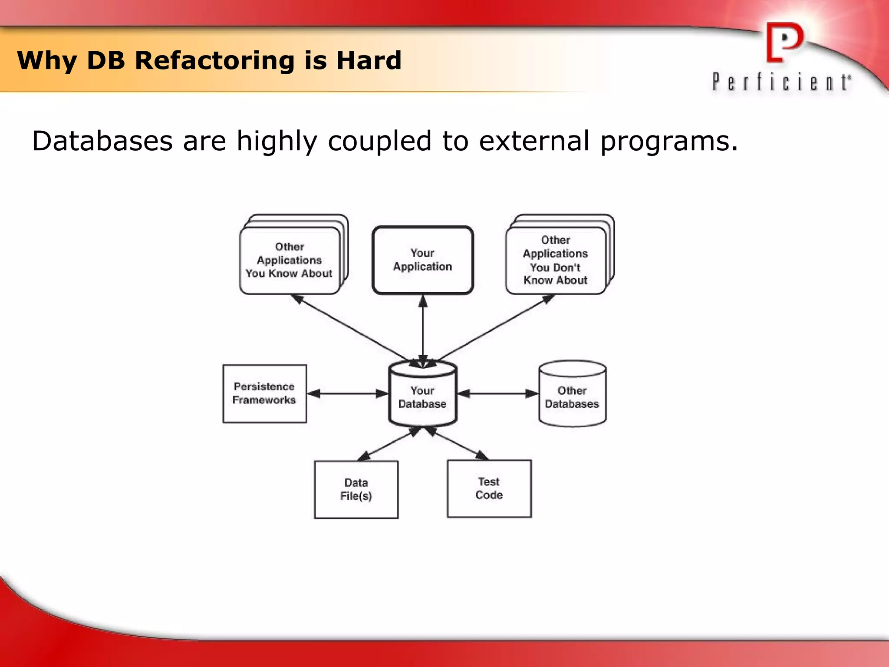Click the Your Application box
pyautogui.click(x=422, y=260)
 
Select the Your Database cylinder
pyautogui.click(x=422, y=396)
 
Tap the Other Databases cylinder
pyautogui.click(x=572, y=396)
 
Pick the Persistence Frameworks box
pyautogui.click(x=264, y=393)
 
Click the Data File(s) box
pyautogui.click(x=356, y=489)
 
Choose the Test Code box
pyautogui.click(x=489, y=489)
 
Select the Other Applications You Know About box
pyautogui.click(x=290, y=261)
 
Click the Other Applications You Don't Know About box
pyautogui.click(x=555, y=261)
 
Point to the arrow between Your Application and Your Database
pyautogui.click(x=423, y=330)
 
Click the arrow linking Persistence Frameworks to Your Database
pyautogui.click(x=347, y=394)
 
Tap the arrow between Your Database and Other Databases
pyautogui.click(x=498, y=394)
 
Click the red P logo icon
pyautogui.click(x=784, y=43)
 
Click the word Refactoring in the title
pyautogui.click(x=215, y=60)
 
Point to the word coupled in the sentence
pyautogui.click(x=379, y=142)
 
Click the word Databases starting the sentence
pyautogui.click(x=102, y=142)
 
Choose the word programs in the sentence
pyautogui.click(x=668, y=142)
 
